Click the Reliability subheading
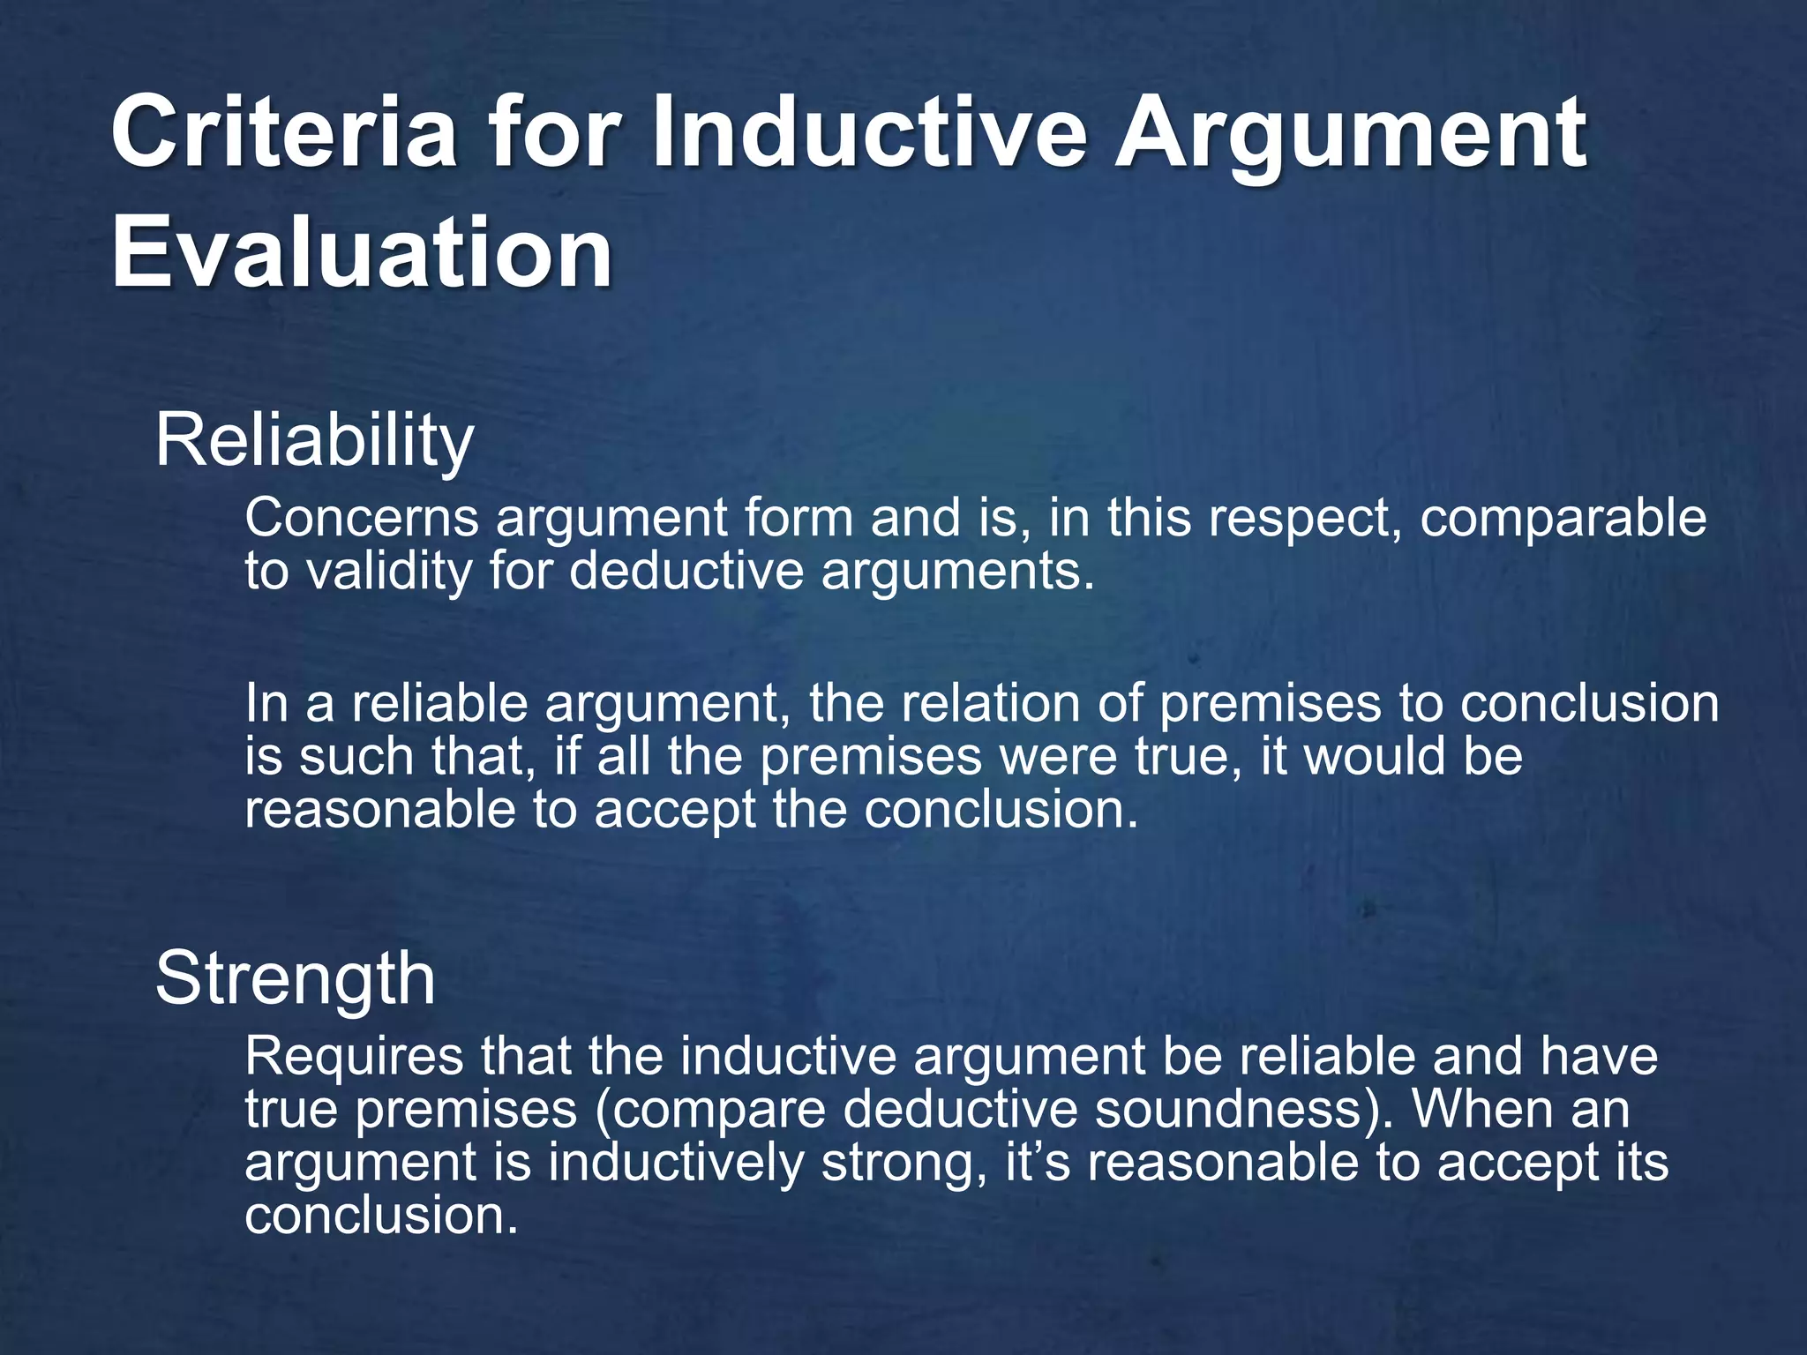point(314,441)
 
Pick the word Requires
point(354,1057)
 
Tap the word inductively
point(676,1164)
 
